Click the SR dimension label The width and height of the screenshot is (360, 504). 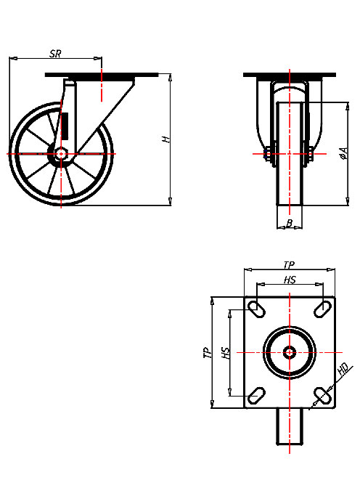click(x=55, y=54)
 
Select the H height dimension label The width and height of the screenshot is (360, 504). click(x=166, y=139)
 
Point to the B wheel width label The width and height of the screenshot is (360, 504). click(x=290, y=224)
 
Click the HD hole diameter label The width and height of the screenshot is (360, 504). click(x=345, y=370)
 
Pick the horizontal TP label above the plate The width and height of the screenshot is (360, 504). click(x=289, y=266)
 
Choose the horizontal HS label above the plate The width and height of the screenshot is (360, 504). click(x=289, y=280)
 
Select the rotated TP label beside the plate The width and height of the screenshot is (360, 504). click(x=208, y=353)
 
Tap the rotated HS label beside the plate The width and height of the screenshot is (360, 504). click(x=226, y=353)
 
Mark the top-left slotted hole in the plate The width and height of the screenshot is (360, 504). click(x=256, y=309)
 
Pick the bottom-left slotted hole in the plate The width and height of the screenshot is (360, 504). click(x=256, y=395)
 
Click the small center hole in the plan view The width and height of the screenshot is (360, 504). click(x=290, y=352)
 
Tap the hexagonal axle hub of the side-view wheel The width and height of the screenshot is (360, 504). click(x=61, y=154)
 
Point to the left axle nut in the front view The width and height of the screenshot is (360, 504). click(x=269, y=154)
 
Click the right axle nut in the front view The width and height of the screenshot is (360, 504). click(x=311, y=154)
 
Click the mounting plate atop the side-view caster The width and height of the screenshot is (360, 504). click(x=102, y=75)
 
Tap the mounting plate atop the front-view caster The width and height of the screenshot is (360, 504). click(x=290, y=75)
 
